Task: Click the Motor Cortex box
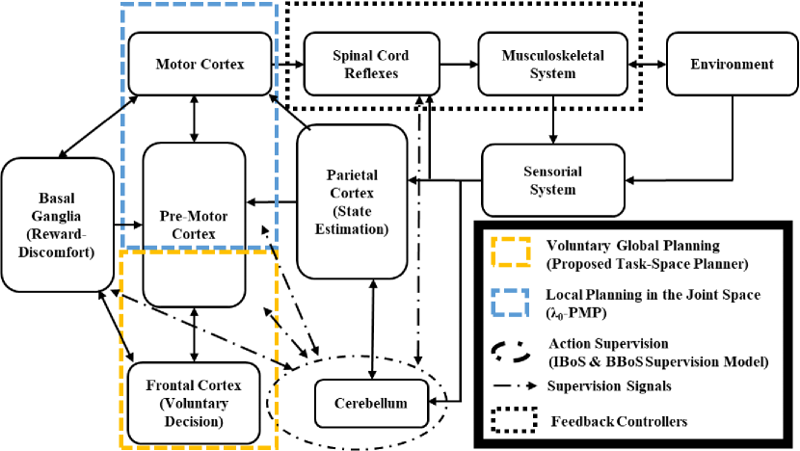[200, 65]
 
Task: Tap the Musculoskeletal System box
[553, 64]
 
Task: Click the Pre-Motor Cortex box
[195, 223]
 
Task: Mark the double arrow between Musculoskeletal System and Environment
[648, 65]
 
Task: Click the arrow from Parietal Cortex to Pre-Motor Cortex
[272, 201]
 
